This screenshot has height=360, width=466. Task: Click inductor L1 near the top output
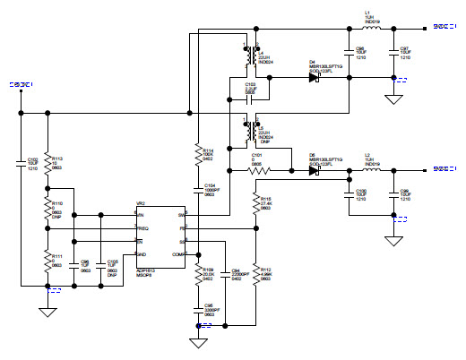pos(368,27)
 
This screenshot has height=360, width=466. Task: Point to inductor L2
pos(368,168)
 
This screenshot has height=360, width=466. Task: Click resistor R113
pos(47,166)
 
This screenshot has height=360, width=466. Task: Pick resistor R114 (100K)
pos(197,158)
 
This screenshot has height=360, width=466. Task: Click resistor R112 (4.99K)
pos(255,272)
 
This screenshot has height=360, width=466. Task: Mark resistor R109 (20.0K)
pos(197,272)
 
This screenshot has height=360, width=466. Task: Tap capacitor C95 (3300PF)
pos(197,311)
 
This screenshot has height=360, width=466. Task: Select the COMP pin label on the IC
pos(178,255)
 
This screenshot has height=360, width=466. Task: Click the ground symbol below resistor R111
pos(47,312)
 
